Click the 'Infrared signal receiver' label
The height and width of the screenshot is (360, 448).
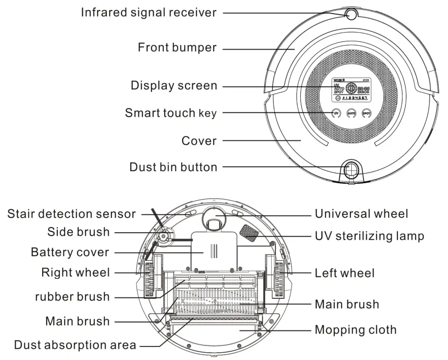148,13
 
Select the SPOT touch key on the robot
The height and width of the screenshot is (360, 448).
366,113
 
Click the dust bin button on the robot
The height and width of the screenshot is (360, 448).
351,169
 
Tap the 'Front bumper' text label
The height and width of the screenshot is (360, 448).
177,48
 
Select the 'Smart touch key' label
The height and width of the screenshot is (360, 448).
171,113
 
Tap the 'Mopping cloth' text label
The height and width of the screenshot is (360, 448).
356,330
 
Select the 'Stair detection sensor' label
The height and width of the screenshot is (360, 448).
71,214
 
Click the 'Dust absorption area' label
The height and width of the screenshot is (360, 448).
75,345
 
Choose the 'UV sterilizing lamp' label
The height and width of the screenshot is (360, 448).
370,236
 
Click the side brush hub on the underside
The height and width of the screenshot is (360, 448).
165,237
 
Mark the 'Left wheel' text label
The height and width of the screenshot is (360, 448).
345,273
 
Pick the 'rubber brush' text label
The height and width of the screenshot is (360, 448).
72,296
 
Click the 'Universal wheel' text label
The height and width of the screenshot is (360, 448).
362,214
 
